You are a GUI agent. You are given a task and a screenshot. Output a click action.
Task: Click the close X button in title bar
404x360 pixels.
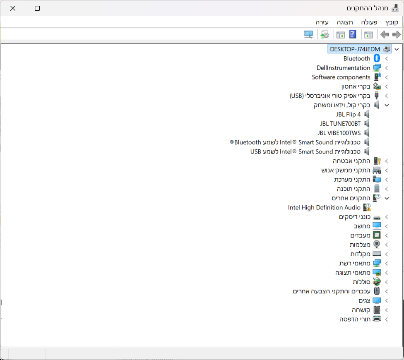click(13, 8)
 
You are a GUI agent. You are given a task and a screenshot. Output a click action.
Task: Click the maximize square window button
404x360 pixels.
click(37, 8)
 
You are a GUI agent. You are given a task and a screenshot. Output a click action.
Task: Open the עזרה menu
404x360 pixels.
click(322, 22)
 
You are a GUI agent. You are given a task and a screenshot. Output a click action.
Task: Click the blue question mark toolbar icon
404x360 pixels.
click(353, 34)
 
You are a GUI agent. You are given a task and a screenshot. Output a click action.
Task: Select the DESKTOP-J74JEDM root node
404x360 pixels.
click(355, 49)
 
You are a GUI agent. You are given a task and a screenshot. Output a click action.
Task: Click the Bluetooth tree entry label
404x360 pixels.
click(357, 58)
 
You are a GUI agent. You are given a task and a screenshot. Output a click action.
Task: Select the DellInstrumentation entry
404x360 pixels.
click(343, 68)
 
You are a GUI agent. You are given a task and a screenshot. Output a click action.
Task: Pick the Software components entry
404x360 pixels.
click(341, 77)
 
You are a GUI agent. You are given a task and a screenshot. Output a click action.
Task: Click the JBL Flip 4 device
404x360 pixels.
click(349, 114)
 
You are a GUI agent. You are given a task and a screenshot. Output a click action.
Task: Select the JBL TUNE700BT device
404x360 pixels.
click(340, 123)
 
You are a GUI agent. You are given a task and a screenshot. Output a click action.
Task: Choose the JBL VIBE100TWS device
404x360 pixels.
click(339, 133)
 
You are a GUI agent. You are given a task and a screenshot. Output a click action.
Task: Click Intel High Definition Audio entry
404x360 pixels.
click(324, 208)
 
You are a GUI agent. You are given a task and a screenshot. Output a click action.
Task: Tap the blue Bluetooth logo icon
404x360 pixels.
click(377, 58)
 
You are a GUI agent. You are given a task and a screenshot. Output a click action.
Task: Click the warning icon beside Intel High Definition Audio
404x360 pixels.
click(367, 208)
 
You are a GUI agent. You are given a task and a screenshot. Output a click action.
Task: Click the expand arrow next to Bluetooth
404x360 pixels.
click(387, 59)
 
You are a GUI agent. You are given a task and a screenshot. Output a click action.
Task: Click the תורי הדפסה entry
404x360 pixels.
click(355, 319)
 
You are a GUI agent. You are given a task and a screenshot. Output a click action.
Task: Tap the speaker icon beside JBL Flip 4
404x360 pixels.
click(366, 114)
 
